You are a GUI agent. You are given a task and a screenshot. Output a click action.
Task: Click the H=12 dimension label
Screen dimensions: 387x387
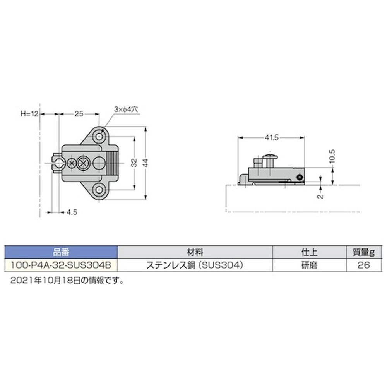[30, 114]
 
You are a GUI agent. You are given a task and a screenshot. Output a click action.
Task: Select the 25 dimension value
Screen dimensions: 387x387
[79, 114]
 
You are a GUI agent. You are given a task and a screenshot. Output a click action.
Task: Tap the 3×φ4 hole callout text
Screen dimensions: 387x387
[126, 109]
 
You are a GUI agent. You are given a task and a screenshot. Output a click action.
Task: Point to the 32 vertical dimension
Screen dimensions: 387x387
[134, 163]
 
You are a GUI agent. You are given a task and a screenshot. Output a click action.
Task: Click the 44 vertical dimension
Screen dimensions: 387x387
[146, 163]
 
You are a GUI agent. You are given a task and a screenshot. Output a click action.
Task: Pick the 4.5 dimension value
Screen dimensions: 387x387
[72, 212]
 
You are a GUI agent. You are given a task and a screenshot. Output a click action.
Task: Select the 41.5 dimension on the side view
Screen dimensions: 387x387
[272, 137]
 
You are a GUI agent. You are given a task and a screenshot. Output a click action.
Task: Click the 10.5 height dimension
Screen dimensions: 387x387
[332, 156]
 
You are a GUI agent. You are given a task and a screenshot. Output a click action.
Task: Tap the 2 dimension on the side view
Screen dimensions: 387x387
[320, 197]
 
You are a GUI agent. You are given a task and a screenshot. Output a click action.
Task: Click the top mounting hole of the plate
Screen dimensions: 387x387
[99, 136]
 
